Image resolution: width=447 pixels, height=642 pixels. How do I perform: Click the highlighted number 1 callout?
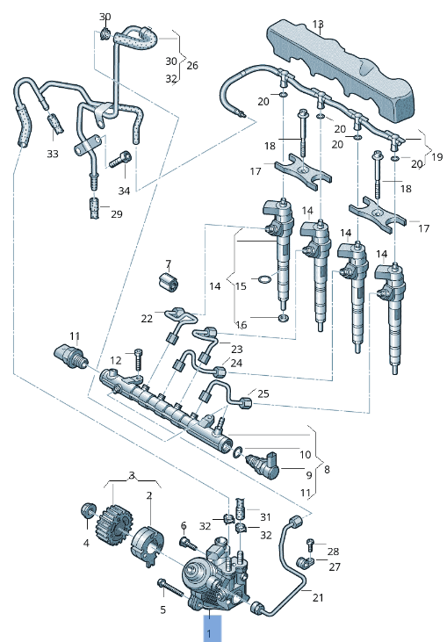[210, 629]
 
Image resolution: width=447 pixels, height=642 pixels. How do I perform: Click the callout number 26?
[193, 65]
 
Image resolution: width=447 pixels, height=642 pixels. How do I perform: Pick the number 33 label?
[53, 154]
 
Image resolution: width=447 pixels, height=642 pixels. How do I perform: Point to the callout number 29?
[117, 213]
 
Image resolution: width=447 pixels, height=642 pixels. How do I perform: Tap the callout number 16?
[242, 325]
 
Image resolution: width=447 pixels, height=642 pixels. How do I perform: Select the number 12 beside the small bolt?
[116, 361]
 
